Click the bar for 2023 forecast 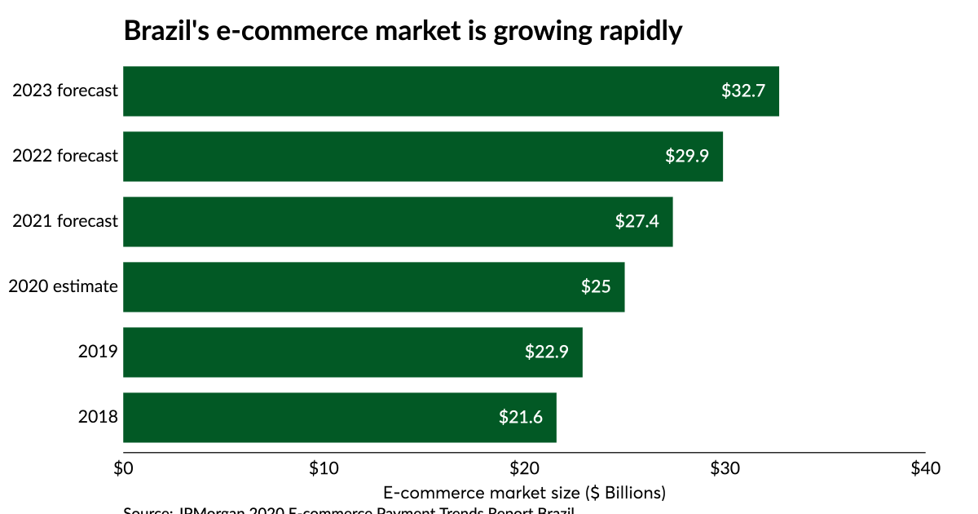451,91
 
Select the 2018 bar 339,418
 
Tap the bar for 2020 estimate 373,287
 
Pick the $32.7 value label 743,91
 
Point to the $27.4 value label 637,221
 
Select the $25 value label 596,286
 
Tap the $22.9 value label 547,352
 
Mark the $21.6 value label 521,417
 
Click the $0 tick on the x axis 123,468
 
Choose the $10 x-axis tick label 324,468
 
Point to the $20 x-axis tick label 524,468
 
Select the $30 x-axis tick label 725,468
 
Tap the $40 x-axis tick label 925,468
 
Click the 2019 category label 98,352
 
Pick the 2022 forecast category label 65,156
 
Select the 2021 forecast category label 65,221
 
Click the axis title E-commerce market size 524,493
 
